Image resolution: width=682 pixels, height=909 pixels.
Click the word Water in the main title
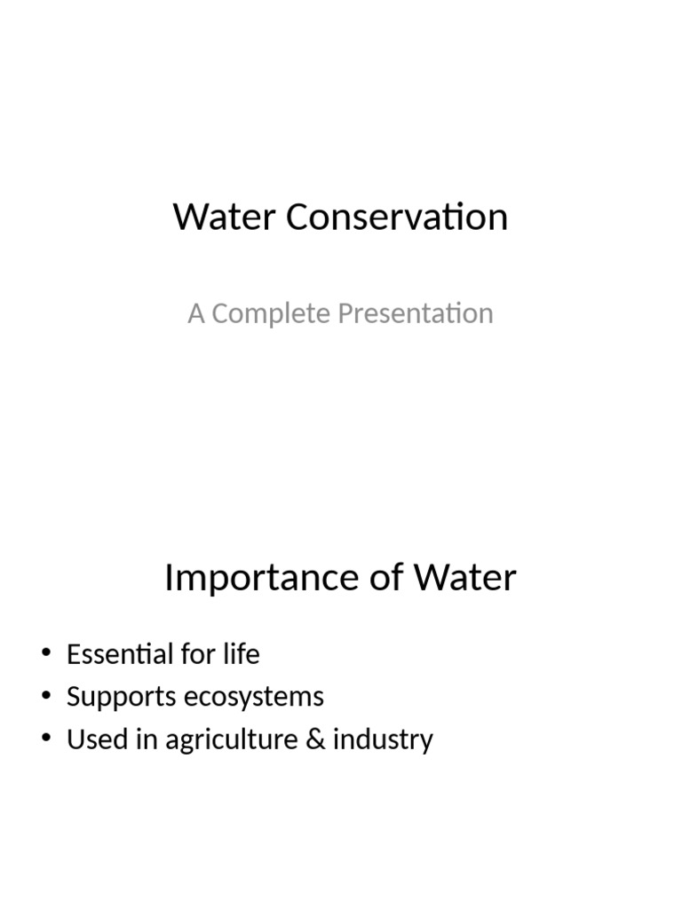(226, 217)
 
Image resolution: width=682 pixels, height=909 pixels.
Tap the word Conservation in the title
(397, 217)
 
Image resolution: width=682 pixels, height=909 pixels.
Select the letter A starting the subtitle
(195, 313)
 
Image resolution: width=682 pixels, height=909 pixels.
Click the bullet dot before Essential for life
(46, 655)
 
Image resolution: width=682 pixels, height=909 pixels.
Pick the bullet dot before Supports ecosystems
(46, 698)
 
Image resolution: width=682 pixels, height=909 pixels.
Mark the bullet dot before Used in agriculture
(46, 739)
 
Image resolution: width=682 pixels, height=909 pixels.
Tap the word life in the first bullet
(242, 655)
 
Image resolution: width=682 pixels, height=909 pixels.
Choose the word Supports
(121, 698)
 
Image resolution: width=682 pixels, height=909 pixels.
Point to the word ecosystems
(254, 698)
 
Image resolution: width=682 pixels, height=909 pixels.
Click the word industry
(383, 740)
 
